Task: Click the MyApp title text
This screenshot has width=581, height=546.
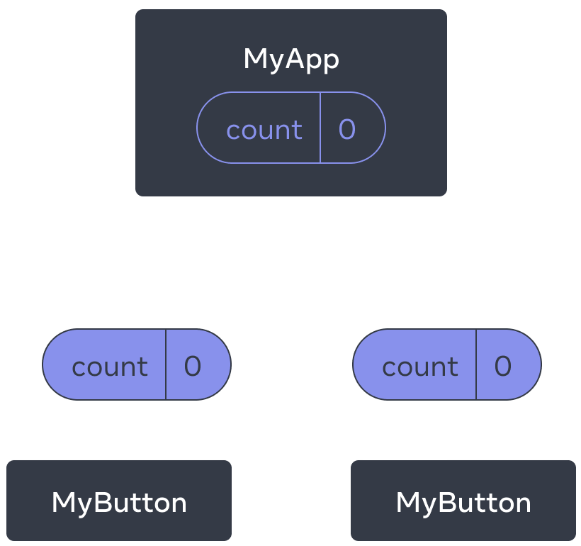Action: pyautogui.click(x=291, y=60)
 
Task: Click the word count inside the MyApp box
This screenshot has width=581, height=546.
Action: pyautogui.click(x=264, y=130)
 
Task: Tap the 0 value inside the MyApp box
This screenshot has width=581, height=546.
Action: pyautogui.click(x=347, y=129)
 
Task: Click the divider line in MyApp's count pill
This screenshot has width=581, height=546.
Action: pyautogui.click(x=320, y=128)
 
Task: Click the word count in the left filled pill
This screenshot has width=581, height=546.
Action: pyautogui.click(x=110, y=367)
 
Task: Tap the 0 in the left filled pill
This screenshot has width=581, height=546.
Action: pyautogui.click(x=193, y=366)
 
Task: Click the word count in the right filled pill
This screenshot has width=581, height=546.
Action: pyautogui.click(x=420, y=367)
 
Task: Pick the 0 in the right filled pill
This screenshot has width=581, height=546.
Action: pyautogui.click(x=503, y=366)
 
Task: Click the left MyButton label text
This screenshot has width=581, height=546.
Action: pyautogui.click(x=119, y=503)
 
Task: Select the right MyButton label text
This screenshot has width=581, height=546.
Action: pyautogui.click(x=463, y=503)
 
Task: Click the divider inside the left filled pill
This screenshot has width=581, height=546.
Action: pyautogui.click(x=166, y=364)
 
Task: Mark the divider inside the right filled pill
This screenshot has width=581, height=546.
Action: pyautogui.click(x=476, y=364)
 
